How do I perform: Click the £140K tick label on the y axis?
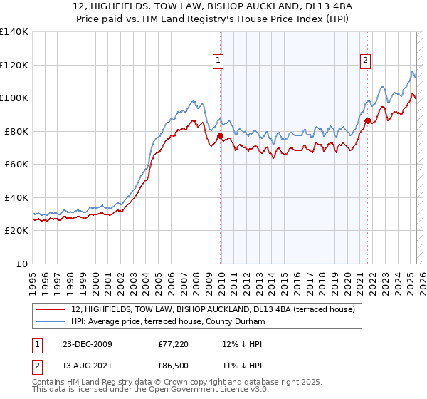click(x=14, y=32)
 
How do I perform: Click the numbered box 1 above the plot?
click(x=217, y=61)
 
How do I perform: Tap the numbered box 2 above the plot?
click(x=365, y=61)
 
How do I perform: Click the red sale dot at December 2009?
click(x=220, y=135)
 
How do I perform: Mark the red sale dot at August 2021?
click(x=367, y=120)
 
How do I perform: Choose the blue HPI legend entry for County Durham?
click(x=167, y=322)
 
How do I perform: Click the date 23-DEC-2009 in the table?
click(x=88, y=343)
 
